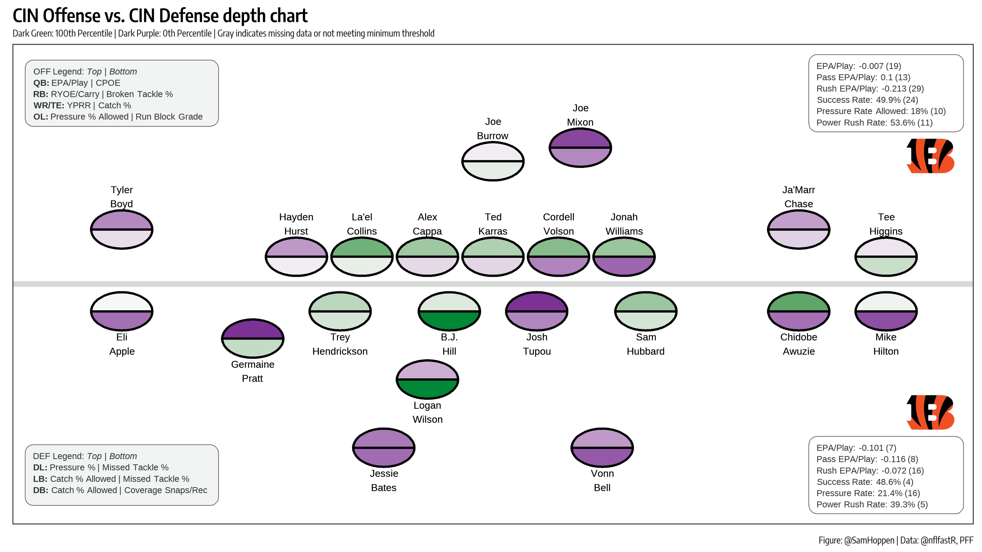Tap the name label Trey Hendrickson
pyautogui.click(x=340, y=344)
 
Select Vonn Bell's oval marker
pyautogui.click(x=602, y=447)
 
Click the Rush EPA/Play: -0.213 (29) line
pyautogui.click(x=870, y=88)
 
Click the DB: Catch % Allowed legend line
pyautogui.click(x=120, y=490)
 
